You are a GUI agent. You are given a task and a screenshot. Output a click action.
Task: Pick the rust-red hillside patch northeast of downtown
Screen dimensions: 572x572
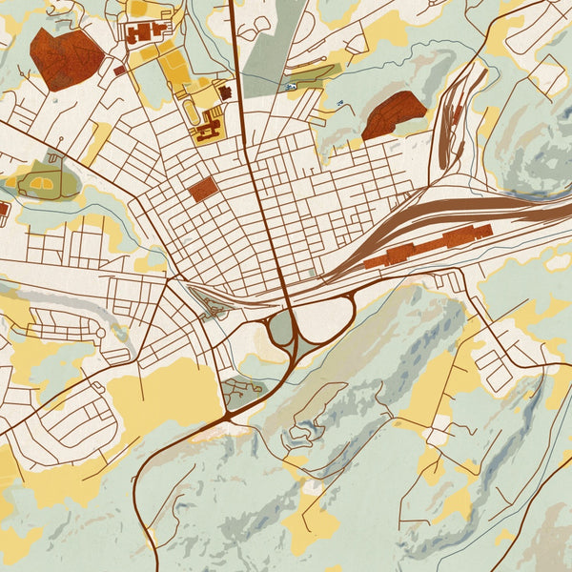click(x=393, y=114)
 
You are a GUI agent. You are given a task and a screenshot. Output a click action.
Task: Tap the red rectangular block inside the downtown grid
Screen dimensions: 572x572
click(x=202, y=189)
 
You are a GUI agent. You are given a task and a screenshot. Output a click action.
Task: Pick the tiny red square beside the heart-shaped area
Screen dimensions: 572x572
click(x=119, y=70)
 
